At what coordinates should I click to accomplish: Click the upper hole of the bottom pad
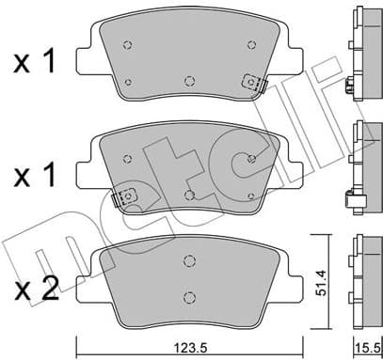[190, 260]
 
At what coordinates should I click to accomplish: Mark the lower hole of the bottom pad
[190, 294]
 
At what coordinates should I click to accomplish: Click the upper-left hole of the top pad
[131, 43]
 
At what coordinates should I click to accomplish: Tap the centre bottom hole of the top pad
[190, 79]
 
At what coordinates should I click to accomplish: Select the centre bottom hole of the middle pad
[190, 194]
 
